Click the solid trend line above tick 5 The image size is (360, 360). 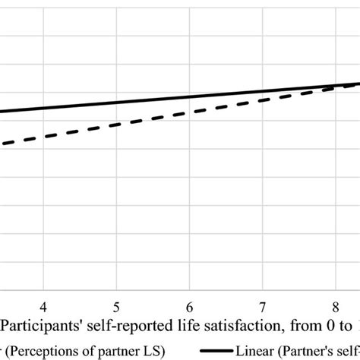click(x=116, y=103)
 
